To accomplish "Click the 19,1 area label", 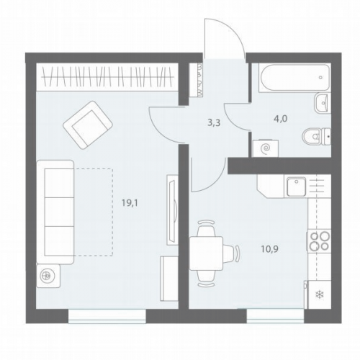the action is (x=130, y=204).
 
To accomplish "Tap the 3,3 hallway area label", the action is (x=214, y=123).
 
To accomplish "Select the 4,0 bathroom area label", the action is (x=281, y=119).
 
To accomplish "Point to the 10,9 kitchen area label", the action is (x=270, y=249).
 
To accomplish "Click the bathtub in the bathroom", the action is (x=294, y=77).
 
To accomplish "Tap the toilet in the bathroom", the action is (x=316, y=137).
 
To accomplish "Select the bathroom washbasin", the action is (x=323, y=103).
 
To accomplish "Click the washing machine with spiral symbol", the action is (x=266, y=149).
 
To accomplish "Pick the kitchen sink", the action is (x=297, y=186).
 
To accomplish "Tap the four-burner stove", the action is (x=319, y=240).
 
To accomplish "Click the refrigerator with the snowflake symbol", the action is (x=319, y=294).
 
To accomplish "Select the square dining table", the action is (x=206, y=253).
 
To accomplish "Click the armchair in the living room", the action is (x=88, y=125).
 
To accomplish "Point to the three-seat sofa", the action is (x=55, y=212).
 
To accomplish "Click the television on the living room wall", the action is (x=173, y=210).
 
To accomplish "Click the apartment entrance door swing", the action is (x=225, y=38).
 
